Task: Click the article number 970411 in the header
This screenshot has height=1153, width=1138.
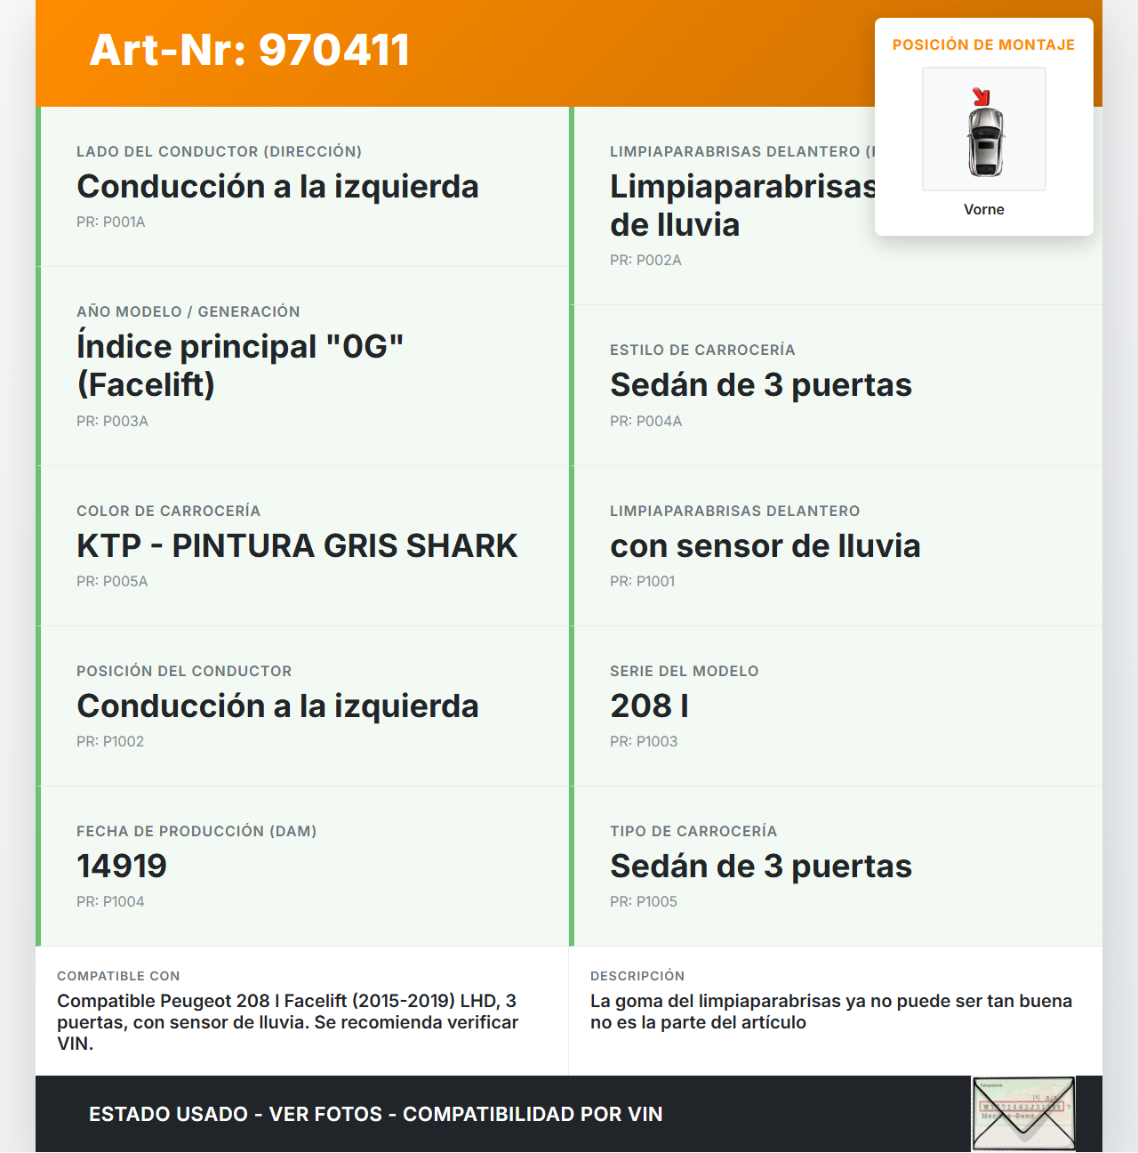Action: click(x=334, y=50)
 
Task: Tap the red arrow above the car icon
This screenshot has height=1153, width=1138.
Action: click(x=981, y=97)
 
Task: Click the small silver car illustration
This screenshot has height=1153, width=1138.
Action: click(x=985, y=141)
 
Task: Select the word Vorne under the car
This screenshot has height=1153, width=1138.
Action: click(x=983, y=209)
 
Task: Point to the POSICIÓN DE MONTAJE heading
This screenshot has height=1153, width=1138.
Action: click(x=983, y=44)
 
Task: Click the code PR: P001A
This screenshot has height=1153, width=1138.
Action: click(x=111, y=222)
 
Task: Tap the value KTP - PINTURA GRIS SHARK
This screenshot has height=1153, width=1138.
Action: click(x=297, y=545)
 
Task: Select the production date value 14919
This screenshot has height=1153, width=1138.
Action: click(x=122, y=866)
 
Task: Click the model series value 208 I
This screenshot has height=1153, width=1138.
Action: click(x=649, y=706)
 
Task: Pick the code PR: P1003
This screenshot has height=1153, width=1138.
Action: click(x=644, y=741)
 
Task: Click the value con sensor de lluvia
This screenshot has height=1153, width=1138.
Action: click(x=765, y=545)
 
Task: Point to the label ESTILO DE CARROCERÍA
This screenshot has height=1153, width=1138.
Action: click(x=702, y=350)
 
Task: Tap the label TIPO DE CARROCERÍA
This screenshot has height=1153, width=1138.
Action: click(x=693, y=831)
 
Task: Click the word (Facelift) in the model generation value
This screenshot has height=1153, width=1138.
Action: click(x=146, y=384)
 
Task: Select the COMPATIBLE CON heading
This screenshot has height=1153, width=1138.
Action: click(x=118, y=976)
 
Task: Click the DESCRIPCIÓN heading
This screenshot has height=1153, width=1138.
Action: click(x=637, y=976)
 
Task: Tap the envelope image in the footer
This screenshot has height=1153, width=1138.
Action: click(x=1023, y=1114)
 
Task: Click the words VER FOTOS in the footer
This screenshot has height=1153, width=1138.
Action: click(x=325, y=1114)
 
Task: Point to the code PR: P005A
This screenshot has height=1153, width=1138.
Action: click(x=112, y=581)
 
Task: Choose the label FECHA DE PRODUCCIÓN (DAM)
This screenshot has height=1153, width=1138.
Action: click(x=196, y=831)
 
